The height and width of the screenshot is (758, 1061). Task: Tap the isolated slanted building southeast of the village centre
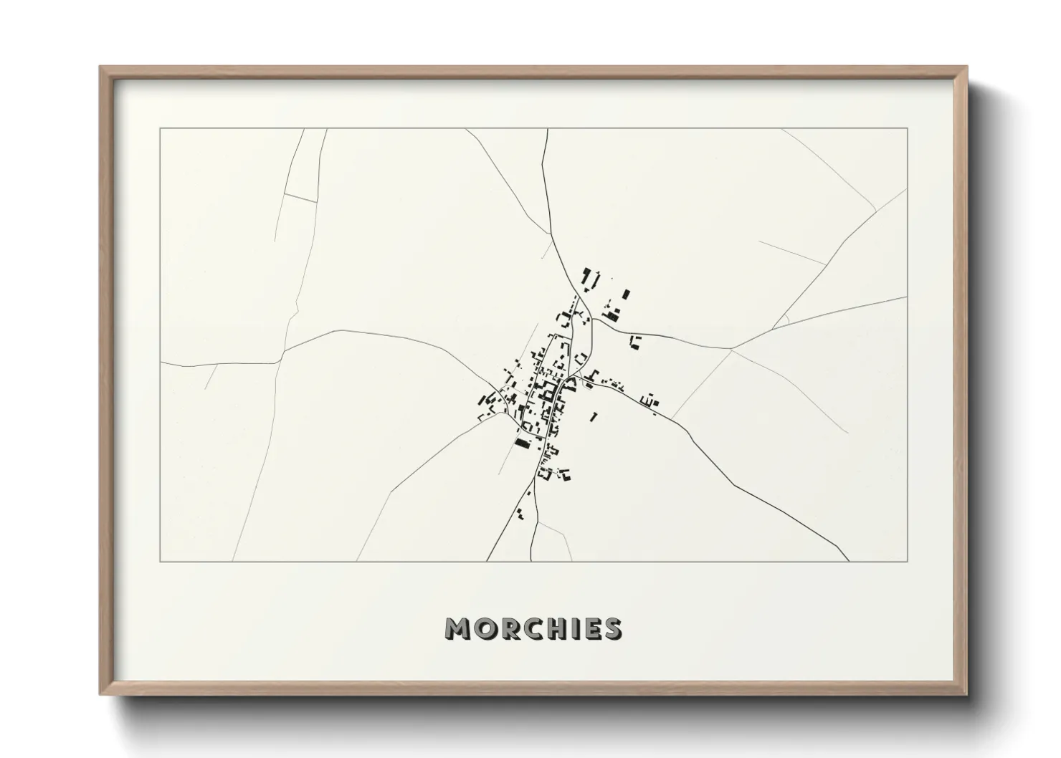tap(593, 416)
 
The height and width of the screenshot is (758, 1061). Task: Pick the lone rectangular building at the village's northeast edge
tap(627, 294)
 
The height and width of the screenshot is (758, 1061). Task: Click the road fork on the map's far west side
tap(283, 352)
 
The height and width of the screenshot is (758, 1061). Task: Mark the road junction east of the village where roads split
tap(730, 349)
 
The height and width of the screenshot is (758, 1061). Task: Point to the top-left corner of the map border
tap(161, 129)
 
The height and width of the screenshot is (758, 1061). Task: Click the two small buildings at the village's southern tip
tap(520, 513)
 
